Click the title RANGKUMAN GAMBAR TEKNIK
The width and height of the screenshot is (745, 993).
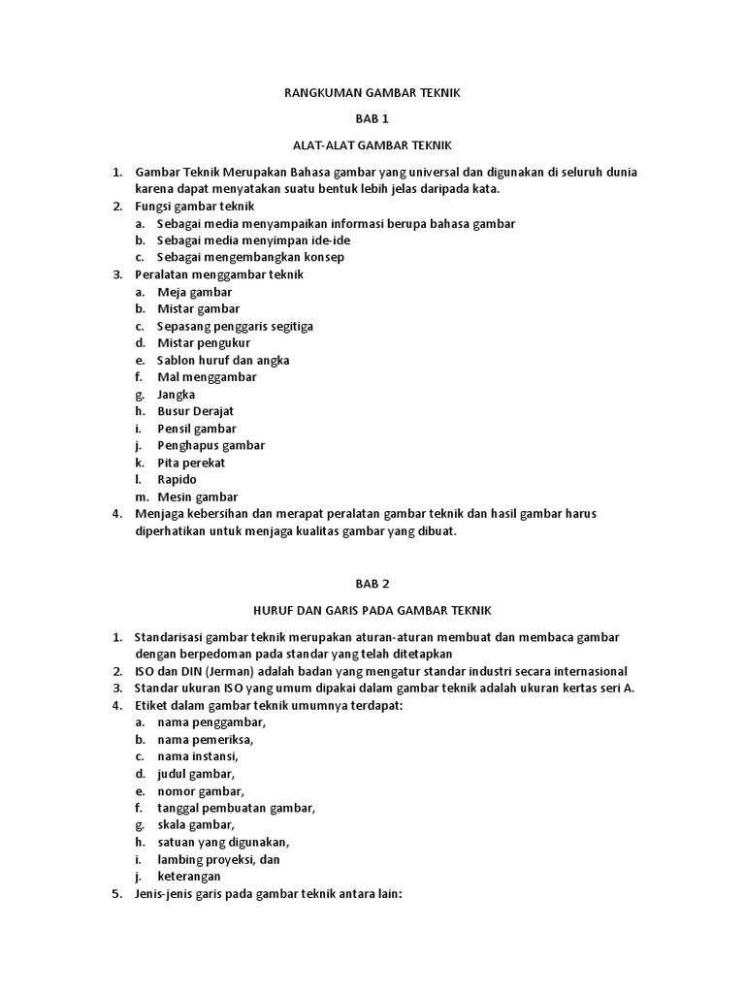click(372, 93)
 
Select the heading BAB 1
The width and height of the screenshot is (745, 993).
click(372, 119)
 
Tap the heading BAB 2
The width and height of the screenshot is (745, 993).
click(372, 584)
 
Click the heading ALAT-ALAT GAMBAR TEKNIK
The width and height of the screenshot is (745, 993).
click(372, 145)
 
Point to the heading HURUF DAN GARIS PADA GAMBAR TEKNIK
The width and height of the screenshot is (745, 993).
click(372, 610)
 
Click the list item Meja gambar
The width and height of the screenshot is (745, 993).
click(194, 292)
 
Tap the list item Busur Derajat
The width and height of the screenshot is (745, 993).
click(195, 411)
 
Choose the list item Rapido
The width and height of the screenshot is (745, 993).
click(177, 480)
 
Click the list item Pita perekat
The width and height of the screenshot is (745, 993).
click(191, 463)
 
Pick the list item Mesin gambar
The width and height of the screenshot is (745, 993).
click(197, 497)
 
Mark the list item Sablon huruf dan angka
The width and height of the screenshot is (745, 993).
click(223, 360)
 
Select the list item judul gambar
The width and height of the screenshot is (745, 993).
click(196, 774)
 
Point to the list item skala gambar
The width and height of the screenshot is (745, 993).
click(195, 825)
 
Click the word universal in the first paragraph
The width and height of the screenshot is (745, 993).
click(405, 173)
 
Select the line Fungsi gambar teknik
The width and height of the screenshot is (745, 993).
click(194, 207)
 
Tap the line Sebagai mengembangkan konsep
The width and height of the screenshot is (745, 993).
click(250, 257)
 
